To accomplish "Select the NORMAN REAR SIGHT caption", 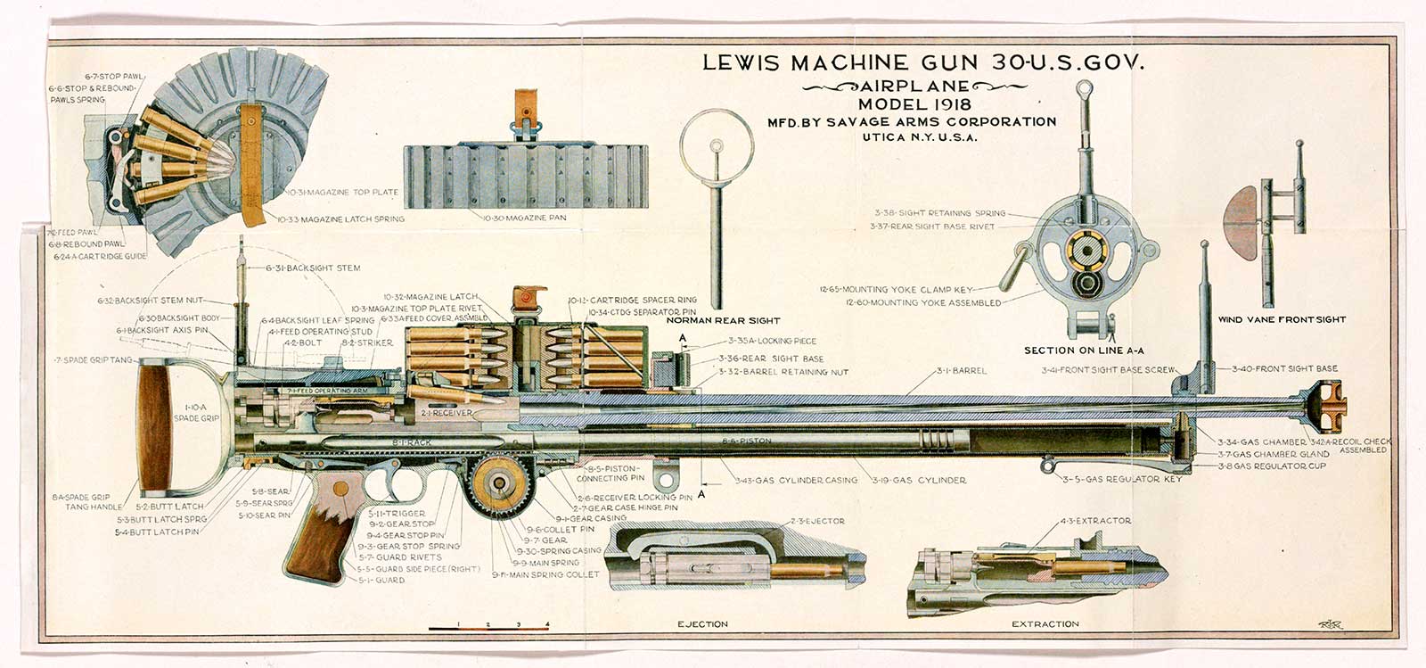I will pyautogui.click(x=723, y=320).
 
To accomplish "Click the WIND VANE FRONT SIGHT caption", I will pyautogui.click(x=1282, y=319).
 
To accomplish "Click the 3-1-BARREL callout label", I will pyautogui.click(x=961, y=370).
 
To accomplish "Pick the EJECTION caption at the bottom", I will pyautogui.click(x=702, y=624).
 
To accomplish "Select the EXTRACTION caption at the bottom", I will pyautogui.click(x=1045, y=624).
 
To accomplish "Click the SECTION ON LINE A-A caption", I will pyautogui.click(x=1083, y=350).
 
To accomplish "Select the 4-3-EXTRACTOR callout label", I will pyautogui.click(x=1094, y=521).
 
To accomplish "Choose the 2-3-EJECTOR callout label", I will pyautogui.click(x=816, y=521).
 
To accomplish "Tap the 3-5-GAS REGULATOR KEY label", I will pyautogui.click(x=1122, y=479).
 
